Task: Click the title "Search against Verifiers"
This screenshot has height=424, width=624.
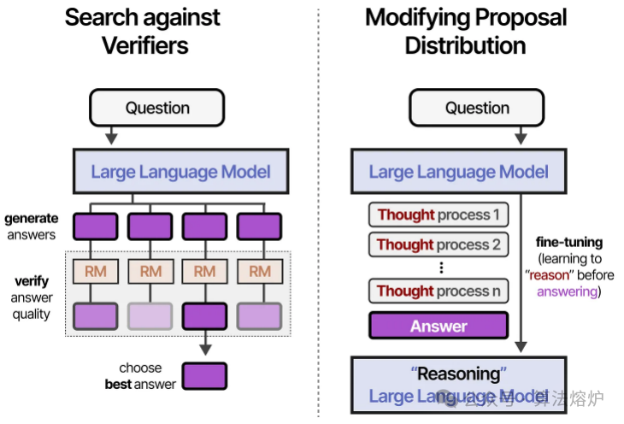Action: (143, 31)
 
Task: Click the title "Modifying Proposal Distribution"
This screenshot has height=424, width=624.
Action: (465, 31)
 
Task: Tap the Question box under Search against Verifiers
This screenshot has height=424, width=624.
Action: (157, 108)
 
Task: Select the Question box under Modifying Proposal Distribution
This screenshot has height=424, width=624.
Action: (477, 108)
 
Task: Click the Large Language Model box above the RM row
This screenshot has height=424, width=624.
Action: (180, 171)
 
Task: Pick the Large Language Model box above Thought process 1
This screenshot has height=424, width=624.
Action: (458, 171)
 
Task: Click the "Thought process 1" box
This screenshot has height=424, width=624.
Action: (439, 215)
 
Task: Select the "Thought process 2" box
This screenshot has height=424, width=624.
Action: (439, 244)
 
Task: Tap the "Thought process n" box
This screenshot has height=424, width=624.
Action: (439, 291)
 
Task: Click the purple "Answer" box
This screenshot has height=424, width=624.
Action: (439, 326)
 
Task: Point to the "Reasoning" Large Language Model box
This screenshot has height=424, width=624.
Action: (458, 384)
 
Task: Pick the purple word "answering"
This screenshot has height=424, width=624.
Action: (565, 291)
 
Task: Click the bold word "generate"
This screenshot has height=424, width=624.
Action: (31, 219)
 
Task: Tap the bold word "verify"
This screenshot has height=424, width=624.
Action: (32, 280)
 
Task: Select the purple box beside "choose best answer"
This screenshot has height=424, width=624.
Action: (205, 376)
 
